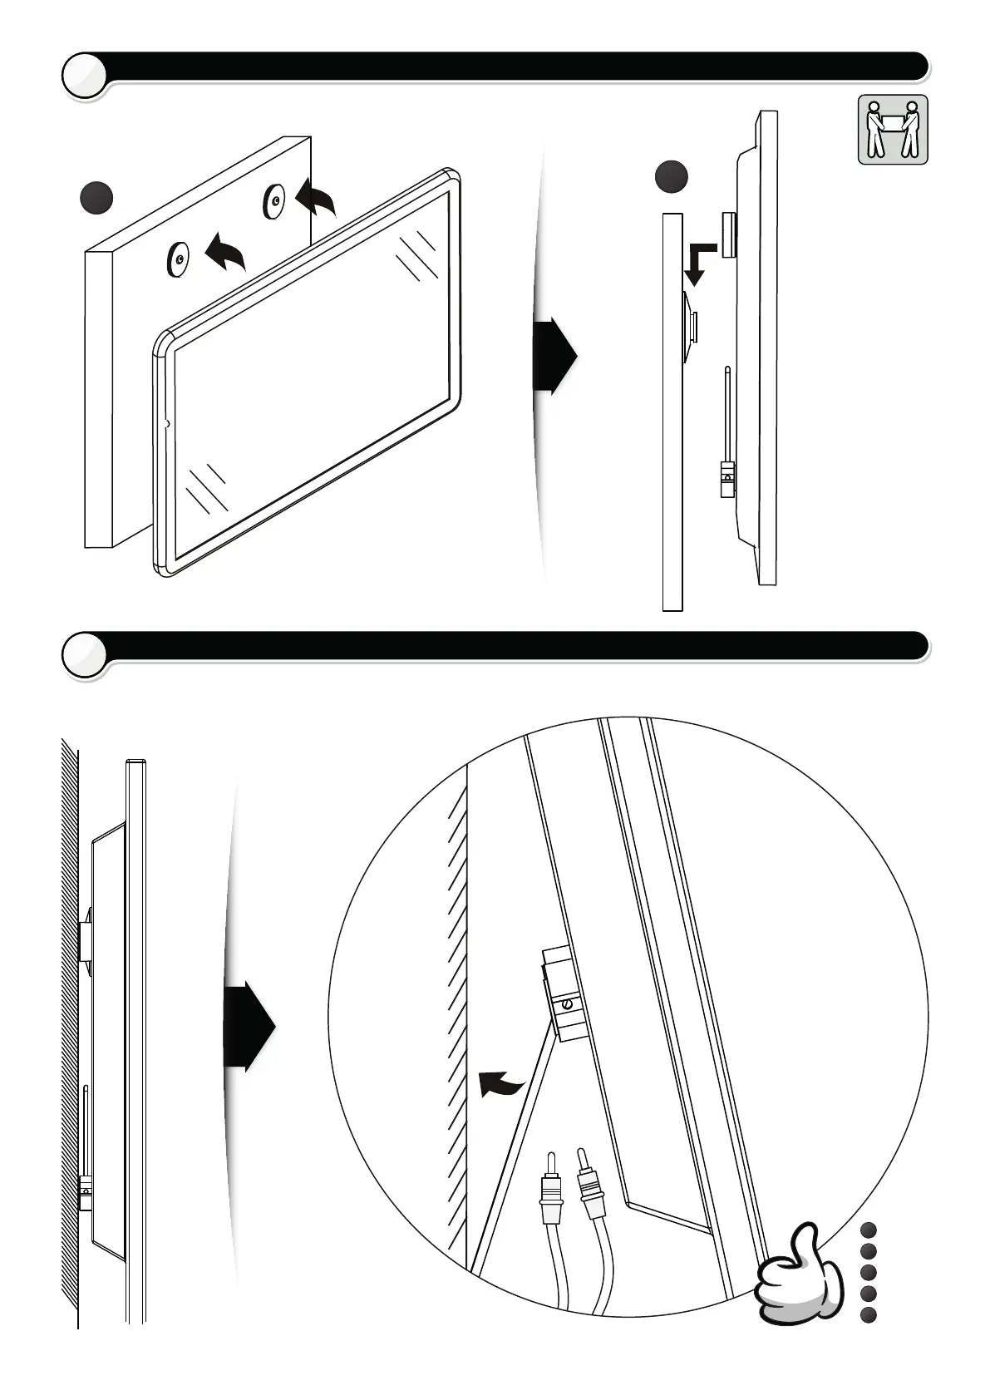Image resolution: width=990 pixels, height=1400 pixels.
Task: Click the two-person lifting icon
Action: (x=892, y=129)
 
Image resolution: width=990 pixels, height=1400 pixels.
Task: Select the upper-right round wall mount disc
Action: (x=273, y=200)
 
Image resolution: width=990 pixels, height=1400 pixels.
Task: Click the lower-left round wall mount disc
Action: (x=179, y=260)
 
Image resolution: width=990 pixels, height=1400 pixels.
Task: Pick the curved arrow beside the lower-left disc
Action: (x=225, y=252)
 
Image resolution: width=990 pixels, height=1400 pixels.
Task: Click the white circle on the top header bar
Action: (x=84, y=76)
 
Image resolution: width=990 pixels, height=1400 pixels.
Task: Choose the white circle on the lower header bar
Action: (x=84, y=656)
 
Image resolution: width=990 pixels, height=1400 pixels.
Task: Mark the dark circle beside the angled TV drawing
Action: (x=96, y=197)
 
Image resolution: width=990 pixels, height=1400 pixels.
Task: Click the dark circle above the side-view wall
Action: (x=671, y=177)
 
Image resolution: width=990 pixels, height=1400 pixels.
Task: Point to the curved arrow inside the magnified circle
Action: (x=501, y=1084)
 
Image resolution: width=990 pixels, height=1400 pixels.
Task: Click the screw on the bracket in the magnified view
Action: (x=567, y=1004)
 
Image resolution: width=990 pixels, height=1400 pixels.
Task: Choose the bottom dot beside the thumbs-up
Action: (x=869, y=1314)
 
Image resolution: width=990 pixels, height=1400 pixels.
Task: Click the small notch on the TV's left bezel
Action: (x=167, y=424)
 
